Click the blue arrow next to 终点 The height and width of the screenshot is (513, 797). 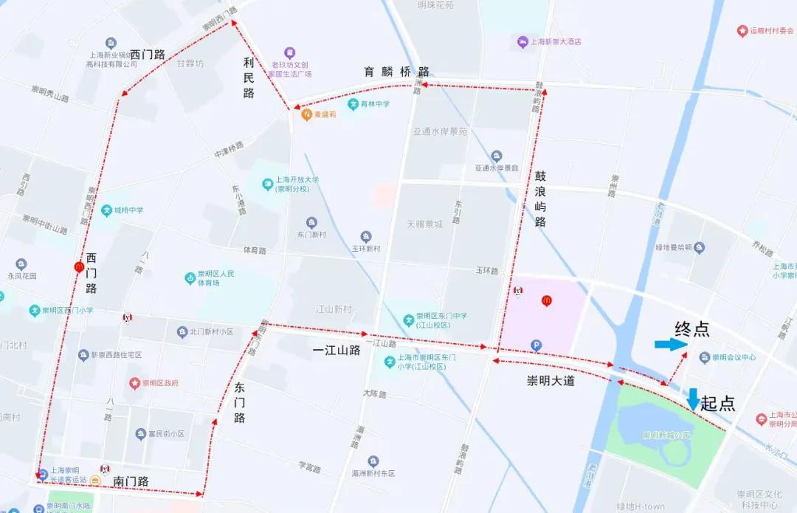pos(670,345)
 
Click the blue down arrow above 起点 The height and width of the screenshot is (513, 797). pos(693,399)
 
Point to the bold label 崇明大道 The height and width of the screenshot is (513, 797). pos(551,382)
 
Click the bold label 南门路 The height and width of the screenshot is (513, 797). pos(131,481)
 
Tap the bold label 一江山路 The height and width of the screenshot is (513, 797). pos(337,351)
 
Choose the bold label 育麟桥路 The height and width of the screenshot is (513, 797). pos(396,72)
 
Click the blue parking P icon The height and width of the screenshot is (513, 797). pos(536,345)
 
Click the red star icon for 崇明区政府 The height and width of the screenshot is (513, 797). pos(134,383)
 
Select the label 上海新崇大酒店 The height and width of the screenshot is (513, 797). pos(556,41)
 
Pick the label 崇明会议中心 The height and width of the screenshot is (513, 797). pos(734,358)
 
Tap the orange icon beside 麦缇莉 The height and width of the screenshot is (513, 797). pos(306,114)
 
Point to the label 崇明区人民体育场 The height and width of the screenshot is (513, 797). pos(215,278)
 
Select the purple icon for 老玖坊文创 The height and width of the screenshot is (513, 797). pos(290,53)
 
